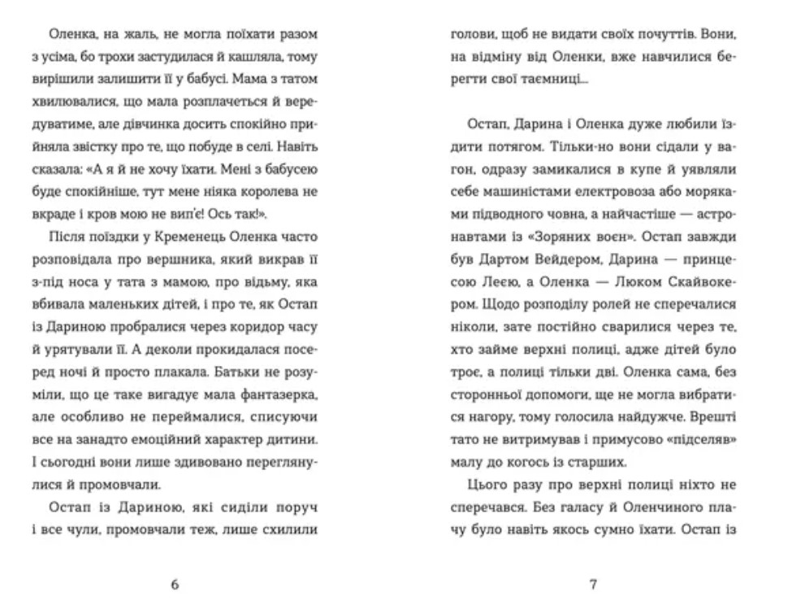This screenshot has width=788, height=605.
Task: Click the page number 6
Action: pos(175,585)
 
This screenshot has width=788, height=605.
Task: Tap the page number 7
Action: pos(593,585)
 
